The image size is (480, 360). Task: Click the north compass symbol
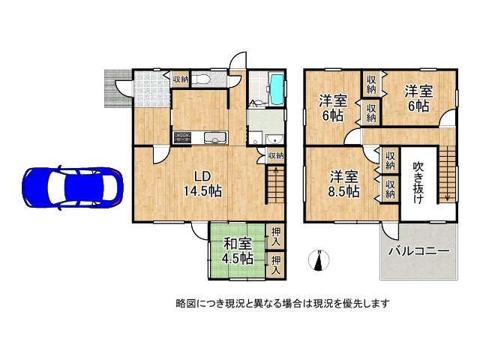[x=319, y=262]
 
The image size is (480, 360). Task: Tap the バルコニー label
[x=418, y=251]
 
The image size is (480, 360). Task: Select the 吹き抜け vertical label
[x=418, y=181]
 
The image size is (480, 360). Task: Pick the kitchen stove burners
[x=183, y=137]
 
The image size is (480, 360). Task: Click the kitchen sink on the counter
[x=214, y=137]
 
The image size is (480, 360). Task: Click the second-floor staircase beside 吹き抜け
[x=447, y=174]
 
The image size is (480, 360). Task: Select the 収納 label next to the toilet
[x=180, y=79]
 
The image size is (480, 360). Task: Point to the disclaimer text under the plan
[x=282, y=304]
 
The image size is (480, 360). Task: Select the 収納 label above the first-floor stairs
[x=275, y=156]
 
